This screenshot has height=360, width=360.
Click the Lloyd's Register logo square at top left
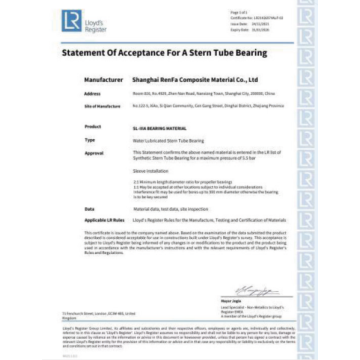(x=69, y=19)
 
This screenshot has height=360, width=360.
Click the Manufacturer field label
(x=98, y=79)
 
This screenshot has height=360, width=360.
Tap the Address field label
(x=93, y=93)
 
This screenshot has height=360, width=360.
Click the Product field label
(x=93, y=127)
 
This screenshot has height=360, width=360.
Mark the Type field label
(x=90, y=140)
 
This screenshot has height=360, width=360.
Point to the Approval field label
(x=94, y=153)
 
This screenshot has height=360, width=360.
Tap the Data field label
(x=89, y=208)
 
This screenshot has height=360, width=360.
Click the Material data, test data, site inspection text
(x=168, y=208)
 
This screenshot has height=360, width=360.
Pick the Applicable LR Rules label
(x=105, y=218)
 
